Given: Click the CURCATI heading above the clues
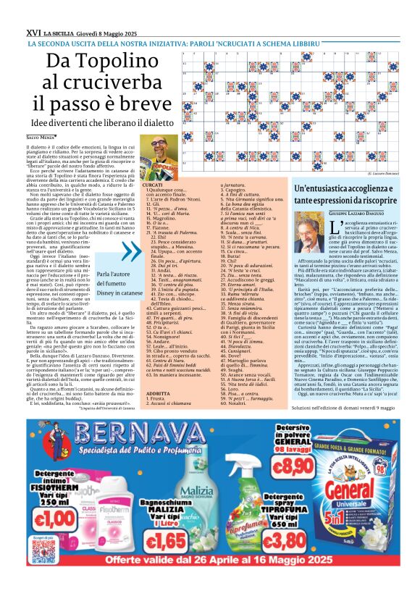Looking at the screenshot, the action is pos(153,185).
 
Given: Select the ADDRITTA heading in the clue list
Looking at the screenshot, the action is pos(159,392).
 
